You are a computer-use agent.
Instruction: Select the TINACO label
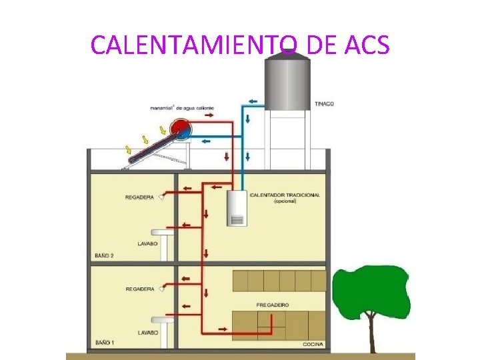325,104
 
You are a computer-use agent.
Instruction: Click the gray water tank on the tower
288,80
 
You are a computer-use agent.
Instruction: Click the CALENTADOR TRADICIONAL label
285,195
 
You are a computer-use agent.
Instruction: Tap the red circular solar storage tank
179,129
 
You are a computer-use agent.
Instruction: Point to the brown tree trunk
372,337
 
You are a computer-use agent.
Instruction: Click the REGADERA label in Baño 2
139,197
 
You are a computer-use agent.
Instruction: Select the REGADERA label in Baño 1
139,289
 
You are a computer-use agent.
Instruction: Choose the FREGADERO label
273,305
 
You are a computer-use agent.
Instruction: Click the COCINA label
313,344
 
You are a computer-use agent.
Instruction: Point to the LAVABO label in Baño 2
147,244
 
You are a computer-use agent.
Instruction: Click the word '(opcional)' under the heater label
285,201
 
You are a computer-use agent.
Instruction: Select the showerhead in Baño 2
161,197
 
